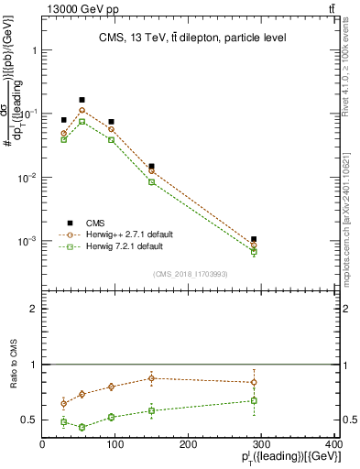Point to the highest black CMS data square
(82, 100)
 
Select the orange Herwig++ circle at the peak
(82, 110)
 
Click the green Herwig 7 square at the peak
(82, 122)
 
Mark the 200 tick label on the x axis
(188, 445)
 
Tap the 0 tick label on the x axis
(42, 445)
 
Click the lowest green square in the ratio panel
(82, 427)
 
